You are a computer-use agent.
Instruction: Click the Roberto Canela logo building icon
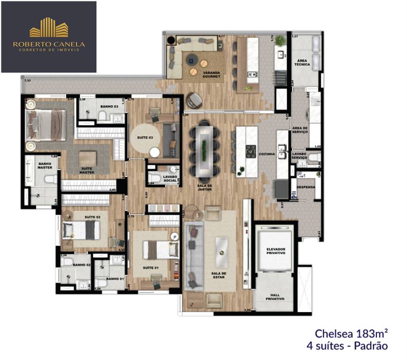pos(49,28)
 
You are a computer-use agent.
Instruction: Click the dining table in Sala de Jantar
pos(204,149)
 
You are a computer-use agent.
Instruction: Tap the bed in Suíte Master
pos(45,125)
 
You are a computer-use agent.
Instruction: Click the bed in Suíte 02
pos(81,230)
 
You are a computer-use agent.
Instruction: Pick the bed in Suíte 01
pos(160,249)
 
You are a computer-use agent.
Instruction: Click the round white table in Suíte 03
pos(155,152)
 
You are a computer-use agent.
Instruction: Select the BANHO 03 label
pos(108,106)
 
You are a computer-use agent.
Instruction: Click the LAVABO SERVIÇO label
pos(299,156)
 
